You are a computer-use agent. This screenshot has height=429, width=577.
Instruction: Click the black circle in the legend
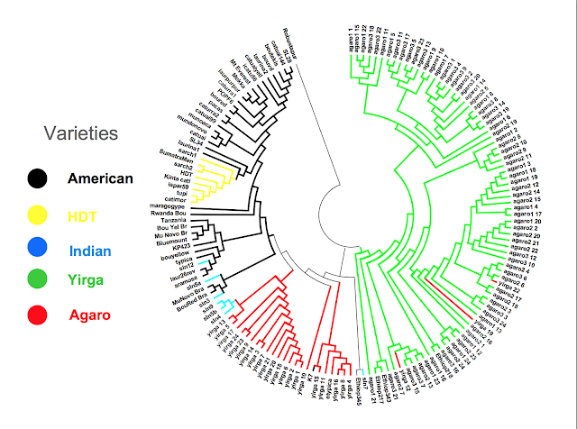coord(38,178)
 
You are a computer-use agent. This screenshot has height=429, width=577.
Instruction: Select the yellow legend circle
coord(38,215)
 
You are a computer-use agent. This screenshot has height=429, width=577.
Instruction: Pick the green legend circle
coord(38,280)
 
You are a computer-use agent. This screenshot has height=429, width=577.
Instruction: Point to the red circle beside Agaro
coord(38,315)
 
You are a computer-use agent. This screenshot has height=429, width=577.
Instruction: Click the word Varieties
coord(82,133)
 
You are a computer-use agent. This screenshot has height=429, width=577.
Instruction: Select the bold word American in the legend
coord(100,178)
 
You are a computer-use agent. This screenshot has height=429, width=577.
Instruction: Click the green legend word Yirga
coord(87,281)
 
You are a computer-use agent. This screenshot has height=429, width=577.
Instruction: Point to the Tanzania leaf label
coord(169,220)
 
